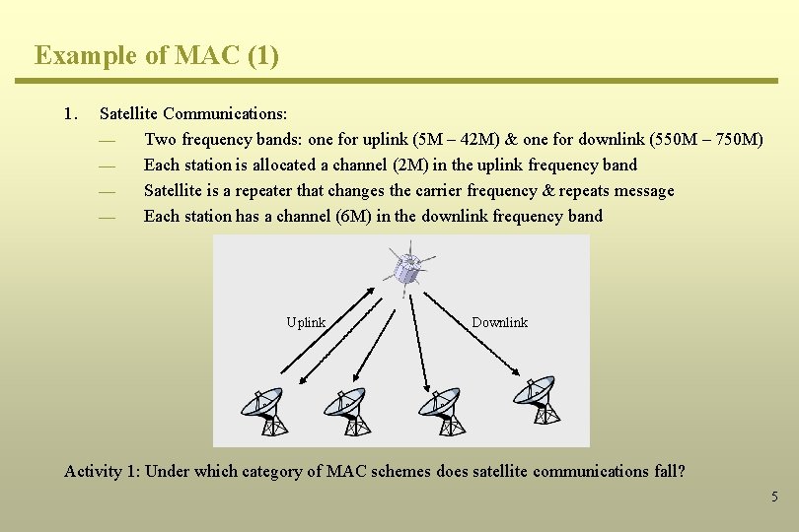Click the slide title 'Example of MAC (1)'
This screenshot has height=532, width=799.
pyautogui.click(x=157, y=55)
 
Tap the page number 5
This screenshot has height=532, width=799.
pyautogui.click(x=774, y=497)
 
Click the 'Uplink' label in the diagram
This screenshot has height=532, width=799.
pyautogui.click(x=306, y=322)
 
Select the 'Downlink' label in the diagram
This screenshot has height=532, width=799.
pyautogui.click(x=499, y=322)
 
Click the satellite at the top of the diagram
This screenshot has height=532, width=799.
pyautogui.click(x=406, y=267)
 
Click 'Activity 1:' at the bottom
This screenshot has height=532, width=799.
pyautogui.click(x=102, y=471)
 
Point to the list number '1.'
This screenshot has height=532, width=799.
pyautogui.click(x=70, y=113)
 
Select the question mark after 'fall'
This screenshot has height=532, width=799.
pyautogui.click(x=681, y=471)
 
